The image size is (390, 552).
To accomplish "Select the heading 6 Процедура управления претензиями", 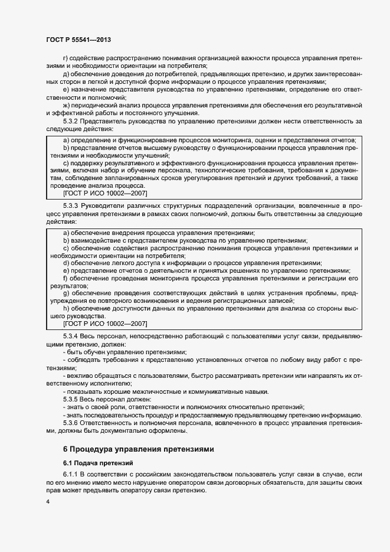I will pos(139,449).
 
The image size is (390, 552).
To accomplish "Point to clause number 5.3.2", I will pos(73,121).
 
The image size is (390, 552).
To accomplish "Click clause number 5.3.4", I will pos(73,336).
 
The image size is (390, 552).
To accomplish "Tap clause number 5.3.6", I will pos(73,423).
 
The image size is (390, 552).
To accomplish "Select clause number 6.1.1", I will pos(73,475).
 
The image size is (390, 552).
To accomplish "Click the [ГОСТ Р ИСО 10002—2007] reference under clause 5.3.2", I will pos(104,193).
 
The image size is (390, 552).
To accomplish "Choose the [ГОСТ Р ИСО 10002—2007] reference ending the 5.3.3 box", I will pos(104,324).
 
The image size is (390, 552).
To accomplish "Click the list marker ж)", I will pos(66,105).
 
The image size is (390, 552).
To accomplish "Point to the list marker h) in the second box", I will pos(66,308).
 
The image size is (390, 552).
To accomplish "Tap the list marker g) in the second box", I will pos(66,293).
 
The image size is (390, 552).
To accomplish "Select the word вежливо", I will pos(80,375).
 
